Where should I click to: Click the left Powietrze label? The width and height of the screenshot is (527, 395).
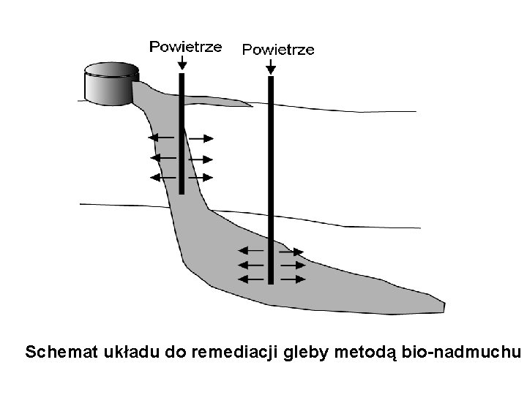[x=185, y=47]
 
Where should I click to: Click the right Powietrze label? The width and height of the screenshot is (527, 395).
[x=278, y=50]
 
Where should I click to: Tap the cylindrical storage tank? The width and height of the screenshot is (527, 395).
[x=111, y=86]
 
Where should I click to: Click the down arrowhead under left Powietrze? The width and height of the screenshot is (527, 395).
[x=182, y=66]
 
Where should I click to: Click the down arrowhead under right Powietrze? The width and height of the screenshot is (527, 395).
[x=271, y=69]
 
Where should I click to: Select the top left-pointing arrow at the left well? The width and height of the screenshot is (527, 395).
[x=162, y=138]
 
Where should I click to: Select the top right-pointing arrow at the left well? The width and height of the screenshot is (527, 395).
[x=201, y=138]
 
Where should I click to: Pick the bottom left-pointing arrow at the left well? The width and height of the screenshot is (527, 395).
[x=162, y=177]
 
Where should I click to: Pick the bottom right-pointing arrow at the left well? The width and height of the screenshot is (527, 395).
[x=201, y=177]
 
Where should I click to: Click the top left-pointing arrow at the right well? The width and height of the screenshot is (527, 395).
[x=253, y=251]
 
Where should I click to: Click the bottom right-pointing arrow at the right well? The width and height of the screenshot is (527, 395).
[x=292, y=279]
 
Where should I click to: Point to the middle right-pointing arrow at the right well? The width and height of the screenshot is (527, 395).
[x=292, y=265]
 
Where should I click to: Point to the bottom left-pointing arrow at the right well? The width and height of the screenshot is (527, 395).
[x=253, y=279]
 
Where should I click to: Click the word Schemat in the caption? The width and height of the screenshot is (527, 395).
[x=61, y=353]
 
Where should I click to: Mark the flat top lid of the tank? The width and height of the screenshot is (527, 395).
[x=111, y=70]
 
